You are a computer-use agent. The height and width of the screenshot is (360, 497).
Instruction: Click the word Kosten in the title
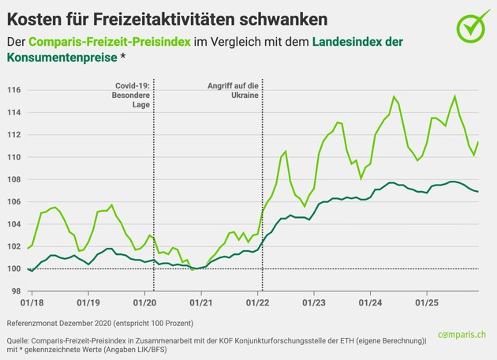click(x=37, y=17)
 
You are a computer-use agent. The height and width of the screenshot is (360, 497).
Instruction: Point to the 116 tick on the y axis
click(x=15, y=91)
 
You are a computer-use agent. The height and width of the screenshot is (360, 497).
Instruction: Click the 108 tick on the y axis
click(x=15, y=180)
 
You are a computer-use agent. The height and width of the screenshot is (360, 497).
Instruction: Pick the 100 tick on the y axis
click(x=15, y=269)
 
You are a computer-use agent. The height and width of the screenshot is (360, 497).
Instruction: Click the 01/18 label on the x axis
click(x=32, y=302)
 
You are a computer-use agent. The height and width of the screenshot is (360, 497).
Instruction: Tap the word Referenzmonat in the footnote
click(x=35, y=324)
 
